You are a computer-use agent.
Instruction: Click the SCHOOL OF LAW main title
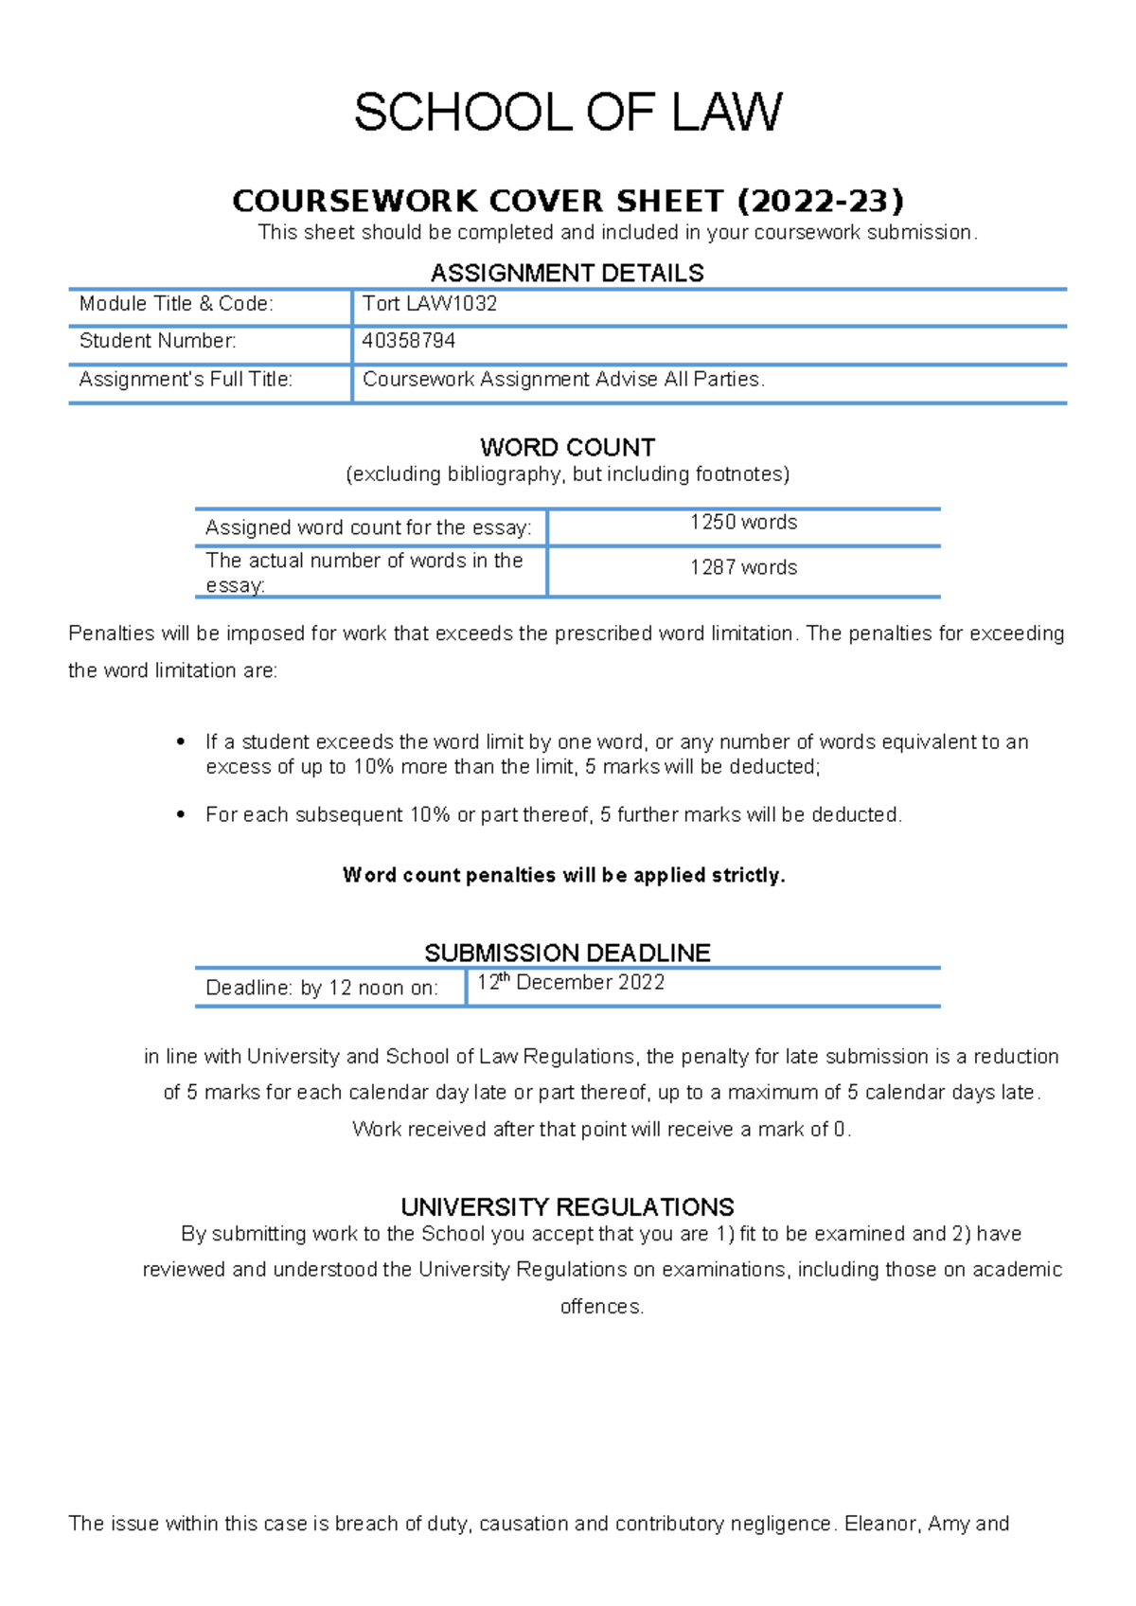point(568,113)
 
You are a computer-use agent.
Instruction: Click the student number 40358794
point(409,341)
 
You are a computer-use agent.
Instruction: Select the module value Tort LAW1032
point(430,304)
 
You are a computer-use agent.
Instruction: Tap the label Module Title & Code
point(176,304)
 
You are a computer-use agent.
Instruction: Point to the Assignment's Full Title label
point(186,380)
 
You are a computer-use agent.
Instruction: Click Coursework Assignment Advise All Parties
point(563,380)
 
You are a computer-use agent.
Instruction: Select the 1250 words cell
point(743,523)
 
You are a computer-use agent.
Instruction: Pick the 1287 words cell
point(743,567)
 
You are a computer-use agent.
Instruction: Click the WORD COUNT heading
point(567,447)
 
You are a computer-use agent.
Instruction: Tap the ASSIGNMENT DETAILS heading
point(567,274)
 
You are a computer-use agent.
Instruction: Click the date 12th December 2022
point(571,983)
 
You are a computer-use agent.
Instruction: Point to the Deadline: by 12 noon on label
point(322,989)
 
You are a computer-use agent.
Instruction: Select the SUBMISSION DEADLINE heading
point(567,953)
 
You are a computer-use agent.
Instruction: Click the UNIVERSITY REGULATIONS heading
point(567,1207)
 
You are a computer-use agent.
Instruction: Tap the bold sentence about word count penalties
point(564,875)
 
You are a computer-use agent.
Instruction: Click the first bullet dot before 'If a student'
point(181,741)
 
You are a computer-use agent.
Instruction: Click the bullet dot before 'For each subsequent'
point(181,814)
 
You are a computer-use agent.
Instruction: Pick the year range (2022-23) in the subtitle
point(820,201)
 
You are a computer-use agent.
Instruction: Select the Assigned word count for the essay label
point(368,527)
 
